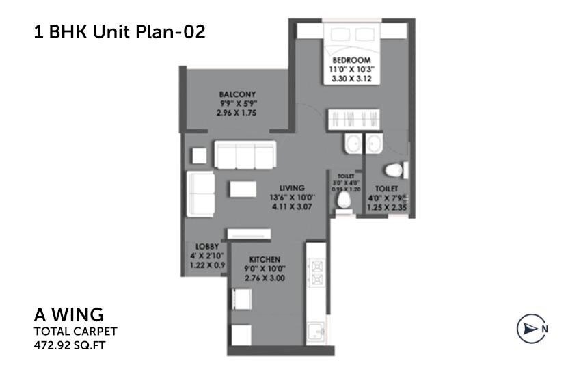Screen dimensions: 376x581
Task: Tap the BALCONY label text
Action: click(x=237, y=94)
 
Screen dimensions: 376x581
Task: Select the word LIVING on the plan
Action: click(x=292, y=187)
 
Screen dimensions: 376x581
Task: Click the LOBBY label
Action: click(x=206, y=246)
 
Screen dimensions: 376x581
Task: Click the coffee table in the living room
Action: click(x=244, y=187)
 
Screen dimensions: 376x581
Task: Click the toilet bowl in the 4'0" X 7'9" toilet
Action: click(x=394, y=169)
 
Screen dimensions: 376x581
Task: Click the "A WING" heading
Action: click(x=68, y=316)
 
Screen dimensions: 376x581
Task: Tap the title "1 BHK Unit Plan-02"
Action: click(x=119, y=31)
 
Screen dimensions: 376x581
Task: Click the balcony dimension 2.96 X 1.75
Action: click(x=237, y=113)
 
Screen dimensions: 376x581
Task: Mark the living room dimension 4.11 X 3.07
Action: click(x=292, y=206)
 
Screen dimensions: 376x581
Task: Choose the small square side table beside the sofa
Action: click(x=198, y=155)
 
